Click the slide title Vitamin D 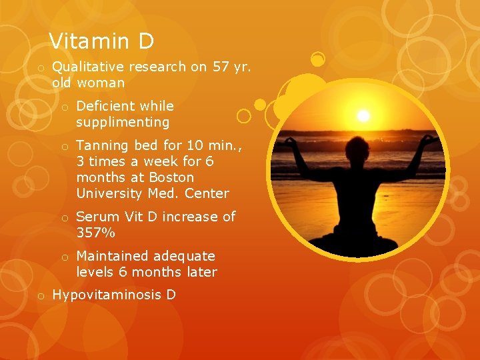(x=101, y=41)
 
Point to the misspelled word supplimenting (x=123, y=123)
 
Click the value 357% (x=96, y=233)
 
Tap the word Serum (x=97, y=217)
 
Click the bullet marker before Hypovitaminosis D (x=41, y=295)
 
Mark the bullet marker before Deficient (x=65, y=107)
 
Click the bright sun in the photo (x=363, y=115)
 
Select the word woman (x=101, y=83)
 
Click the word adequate (x=184, y=256)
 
